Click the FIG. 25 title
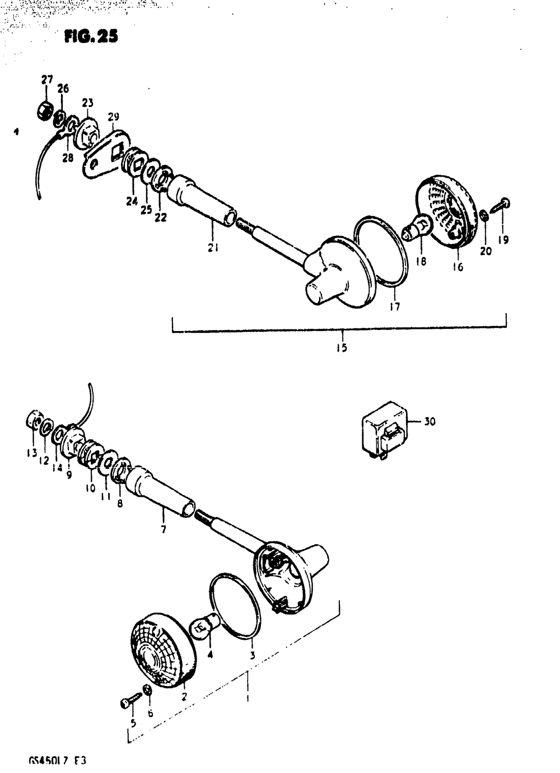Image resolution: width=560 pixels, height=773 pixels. coord(91,37)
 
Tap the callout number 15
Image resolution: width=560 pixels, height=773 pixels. coord(341,348)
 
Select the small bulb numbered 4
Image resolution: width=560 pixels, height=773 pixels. coord(203,625)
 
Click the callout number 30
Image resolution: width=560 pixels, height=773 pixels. coord(429,422)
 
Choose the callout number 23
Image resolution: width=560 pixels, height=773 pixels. coord(87,103)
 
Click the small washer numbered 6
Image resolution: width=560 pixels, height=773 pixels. coord(147,690)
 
